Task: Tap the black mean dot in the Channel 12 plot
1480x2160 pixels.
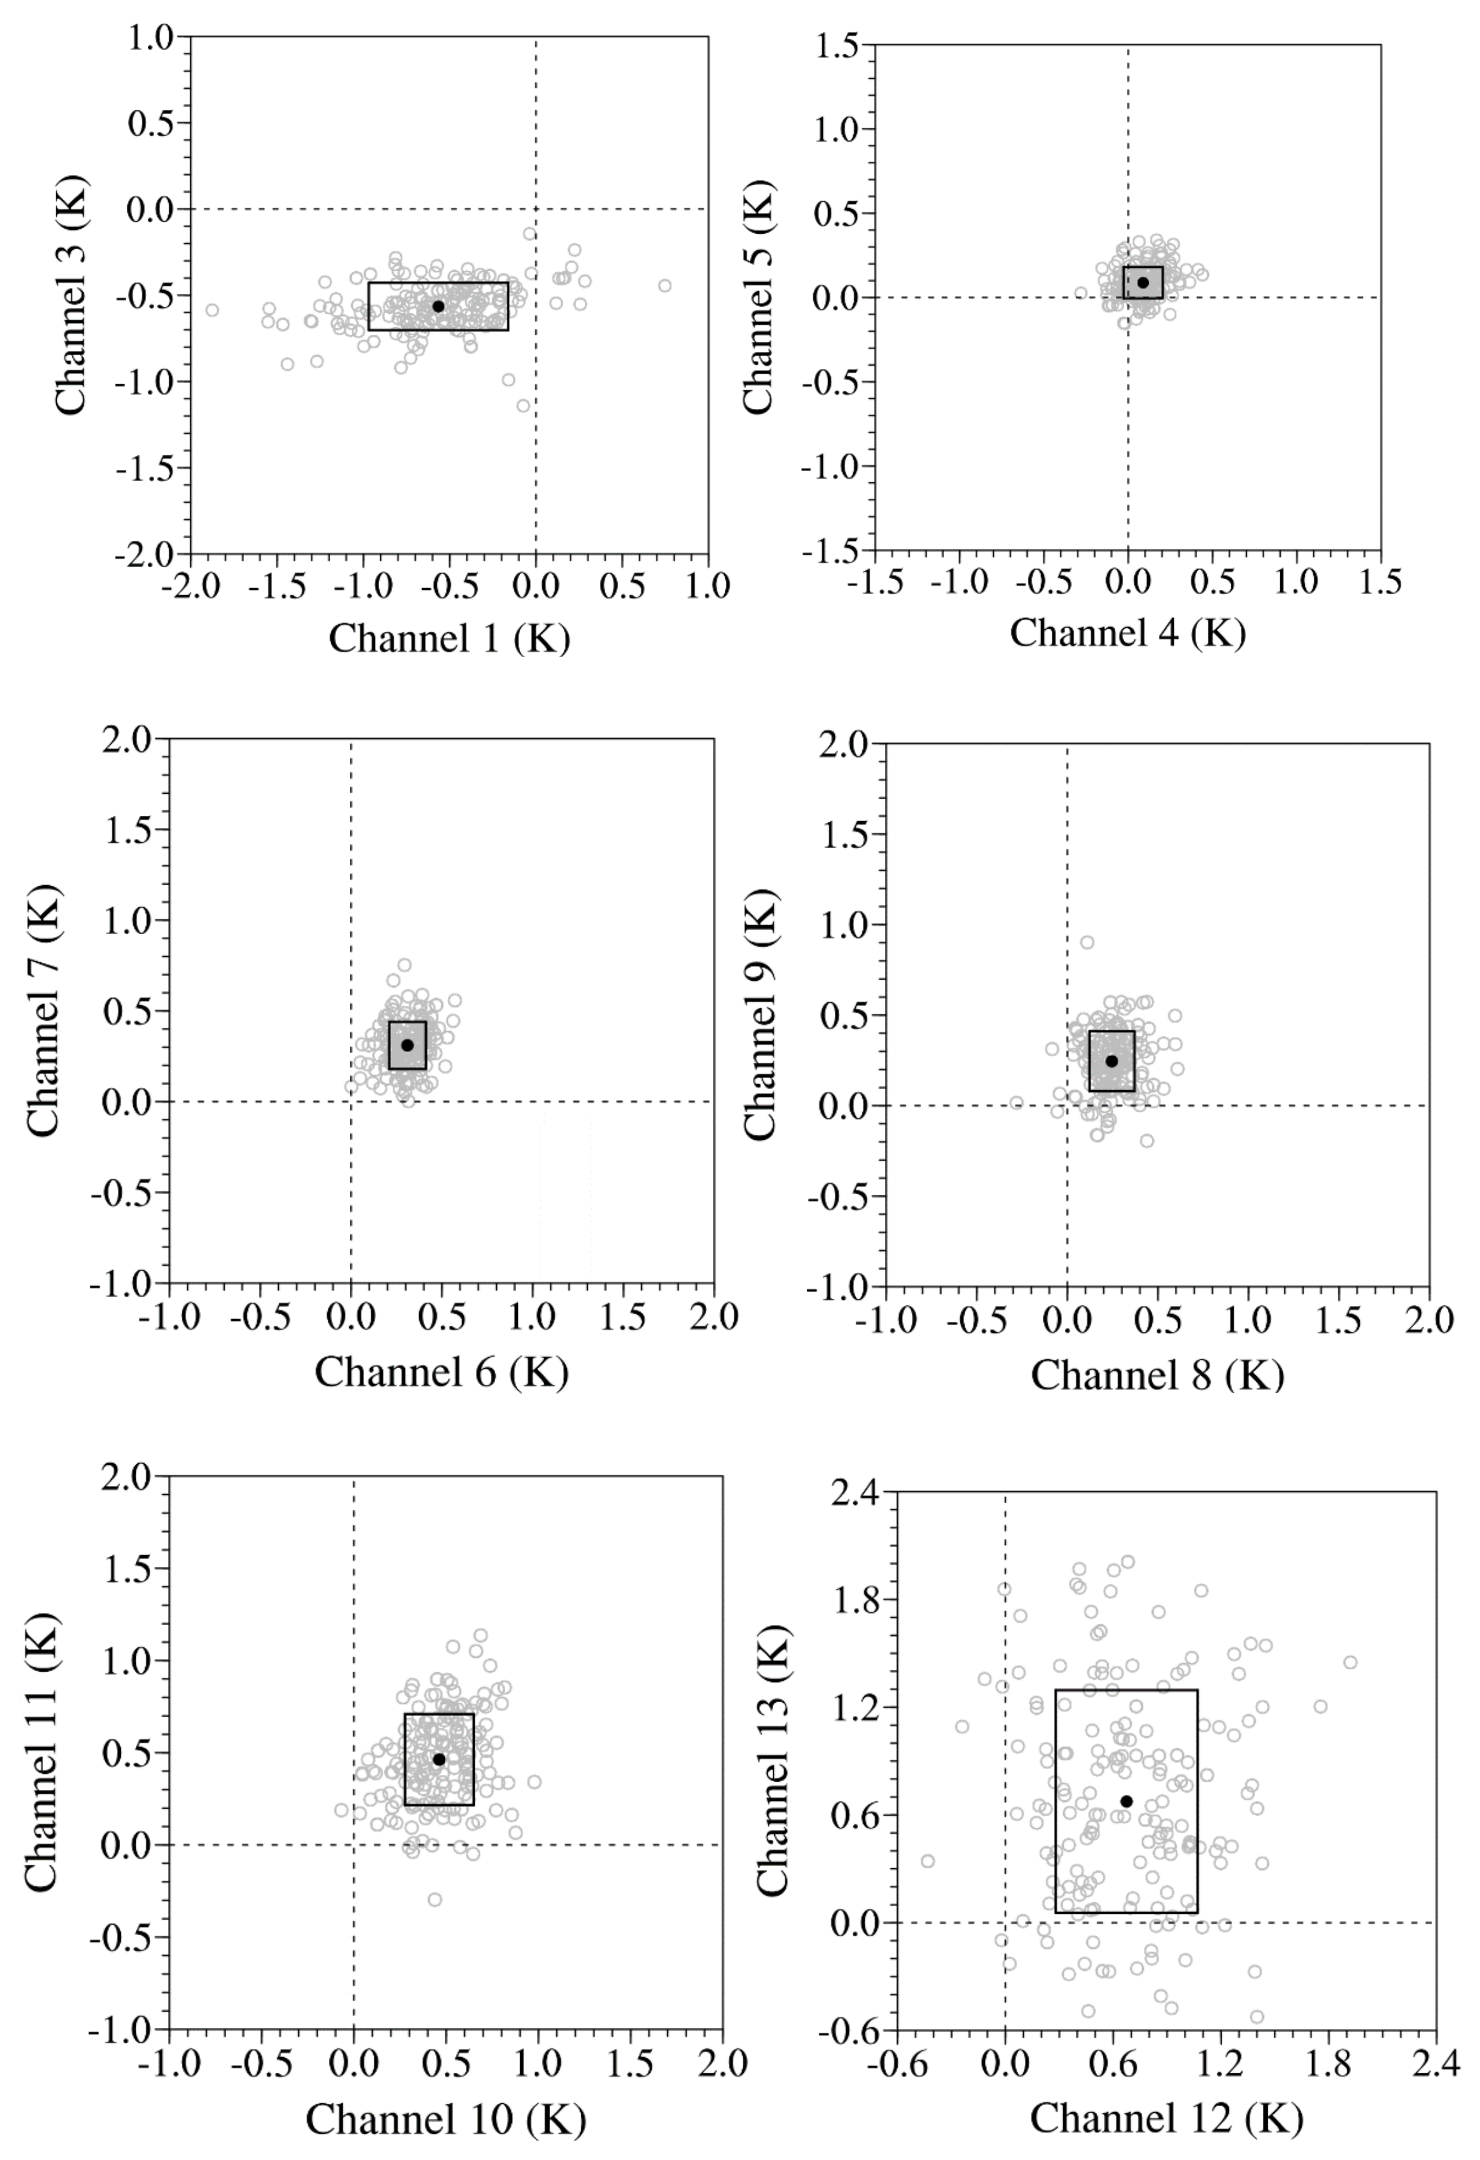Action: pos(1126,1801)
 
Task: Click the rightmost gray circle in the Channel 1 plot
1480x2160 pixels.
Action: pos(665,285)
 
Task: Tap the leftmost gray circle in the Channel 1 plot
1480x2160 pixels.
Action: pos(212,310)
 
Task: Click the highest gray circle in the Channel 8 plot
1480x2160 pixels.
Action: pos(1087,943)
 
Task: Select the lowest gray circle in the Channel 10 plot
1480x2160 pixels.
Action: pos(434,1900)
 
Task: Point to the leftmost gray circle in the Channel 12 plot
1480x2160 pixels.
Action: pos(927,1861)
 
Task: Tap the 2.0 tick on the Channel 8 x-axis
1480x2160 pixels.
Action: pos(1429,1320)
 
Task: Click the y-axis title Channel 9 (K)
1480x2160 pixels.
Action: pos(761,1015)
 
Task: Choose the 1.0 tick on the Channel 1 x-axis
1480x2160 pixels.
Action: pos(709,586)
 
